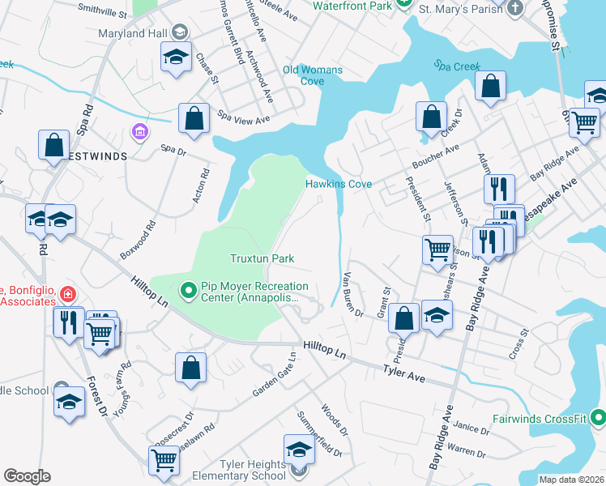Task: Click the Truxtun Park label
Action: [x=260, y=258]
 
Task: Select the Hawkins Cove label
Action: [x=338, y=184]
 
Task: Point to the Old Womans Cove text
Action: [x=313, y=75]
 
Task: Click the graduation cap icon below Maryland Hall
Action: [x=175, y=58]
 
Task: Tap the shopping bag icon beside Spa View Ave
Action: [x=194, y=119]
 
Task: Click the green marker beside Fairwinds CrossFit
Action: [x=598, y=419]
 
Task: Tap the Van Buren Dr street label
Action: [x=354, y=293]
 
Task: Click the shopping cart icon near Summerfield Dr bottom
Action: [x=164, y=460]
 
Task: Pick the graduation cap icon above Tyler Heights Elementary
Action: [x=299, y=450]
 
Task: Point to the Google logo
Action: [x=27, y=476]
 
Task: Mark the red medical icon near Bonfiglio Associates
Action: [x=69, y=293]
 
